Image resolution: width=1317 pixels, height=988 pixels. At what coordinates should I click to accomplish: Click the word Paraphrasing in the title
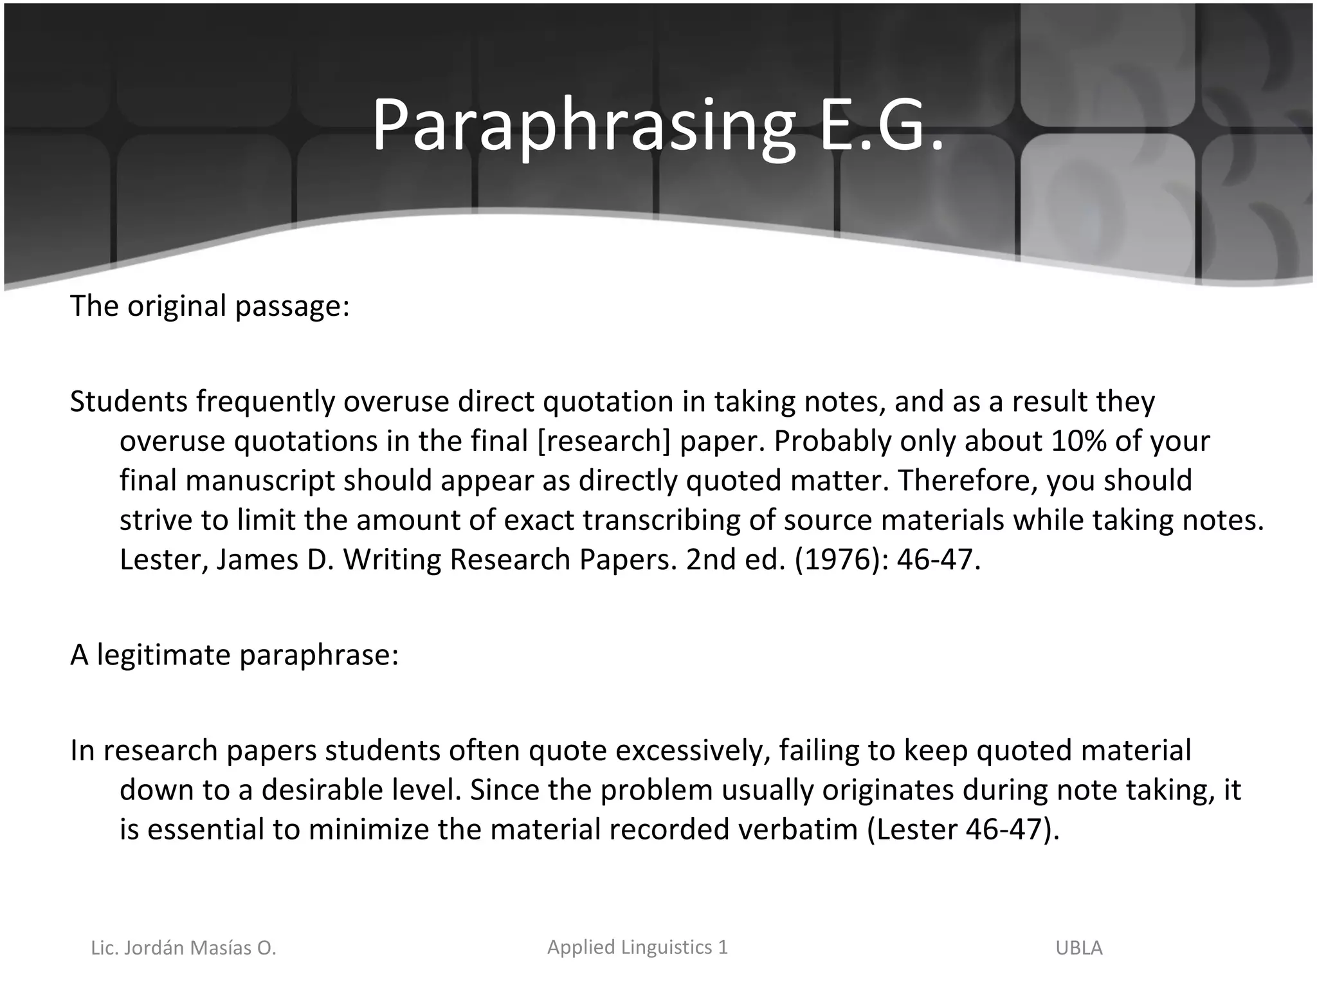coord(583,125)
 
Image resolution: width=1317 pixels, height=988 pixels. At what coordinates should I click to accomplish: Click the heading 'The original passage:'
coord(210,306)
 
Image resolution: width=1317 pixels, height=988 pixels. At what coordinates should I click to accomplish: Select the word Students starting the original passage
coord(129,401)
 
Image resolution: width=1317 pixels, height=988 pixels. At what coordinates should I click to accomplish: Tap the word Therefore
coord(967,480)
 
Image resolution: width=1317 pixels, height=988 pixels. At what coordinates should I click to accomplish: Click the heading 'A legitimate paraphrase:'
coord(234,655)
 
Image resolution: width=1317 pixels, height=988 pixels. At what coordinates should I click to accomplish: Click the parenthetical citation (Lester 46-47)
coord(963,829)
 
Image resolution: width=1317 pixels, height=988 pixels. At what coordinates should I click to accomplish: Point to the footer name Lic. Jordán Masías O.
coord(183,948)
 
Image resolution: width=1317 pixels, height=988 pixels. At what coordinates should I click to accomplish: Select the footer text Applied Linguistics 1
coord(637,947)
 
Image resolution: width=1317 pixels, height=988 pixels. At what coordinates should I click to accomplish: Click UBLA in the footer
coord(1079,948)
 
